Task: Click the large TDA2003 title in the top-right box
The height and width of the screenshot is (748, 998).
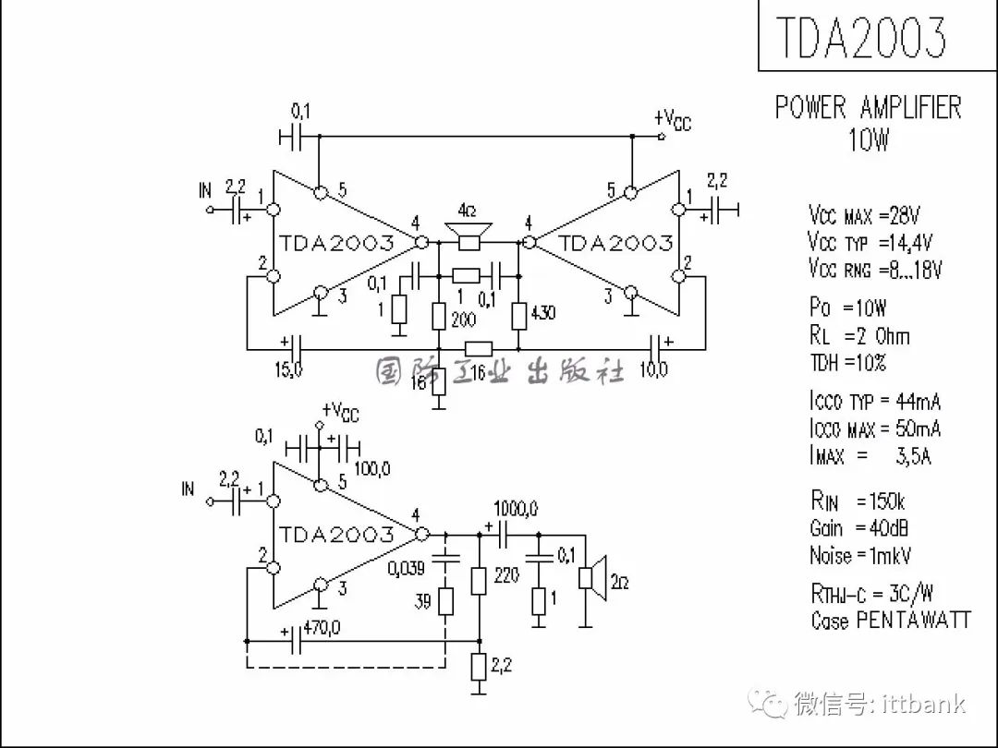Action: pos(861,37)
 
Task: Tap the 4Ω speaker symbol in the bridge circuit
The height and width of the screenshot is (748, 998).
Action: pos(469,235)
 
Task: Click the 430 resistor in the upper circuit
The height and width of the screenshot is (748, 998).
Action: pos(519,316)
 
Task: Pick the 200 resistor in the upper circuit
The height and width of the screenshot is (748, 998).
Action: pos(439,316)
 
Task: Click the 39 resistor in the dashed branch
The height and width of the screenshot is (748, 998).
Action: pos(446,602)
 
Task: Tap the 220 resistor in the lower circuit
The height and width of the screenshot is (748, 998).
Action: pos(479,581)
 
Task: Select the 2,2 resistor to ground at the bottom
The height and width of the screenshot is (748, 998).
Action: pos(479,666)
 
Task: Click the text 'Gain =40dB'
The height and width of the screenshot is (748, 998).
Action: pos(858,528)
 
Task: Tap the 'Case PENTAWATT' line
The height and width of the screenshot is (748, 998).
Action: pos(891,620)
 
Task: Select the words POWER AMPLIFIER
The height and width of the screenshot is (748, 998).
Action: pos(868,107)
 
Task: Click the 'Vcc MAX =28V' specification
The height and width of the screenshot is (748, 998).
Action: pos(864,215)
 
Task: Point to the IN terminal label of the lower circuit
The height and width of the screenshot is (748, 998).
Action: pos(188,489)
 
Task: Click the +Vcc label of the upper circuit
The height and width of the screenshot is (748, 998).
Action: pos(672,119)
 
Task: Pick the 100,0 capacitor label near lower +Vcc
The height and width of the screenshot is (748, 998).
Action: pos(372,469)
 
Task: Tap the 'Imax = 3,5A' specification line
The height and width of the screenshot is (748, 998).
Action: pos(870,455)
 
